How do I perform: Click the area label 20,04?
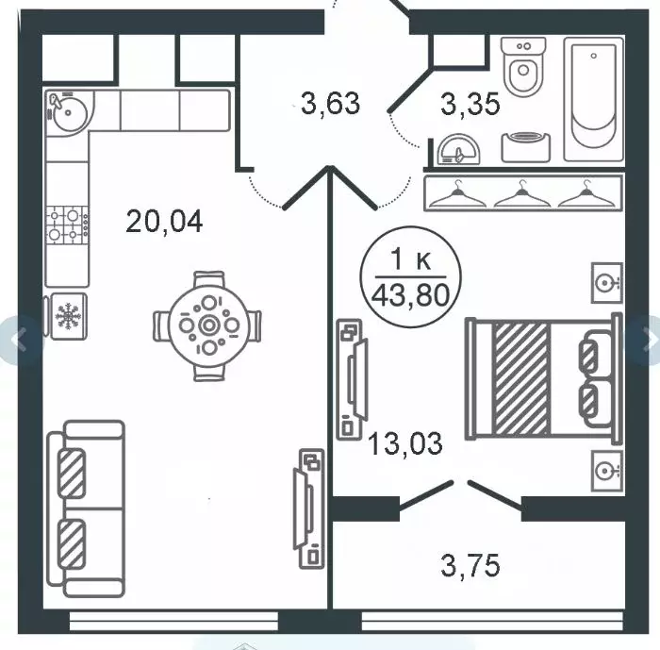pyautogui.click(x=164, y=222)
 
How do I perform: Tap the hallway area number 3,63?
pyautogui.click(x=330, y=104)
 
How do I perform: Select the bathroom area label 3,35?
pyautogui.click(x=470, y=104)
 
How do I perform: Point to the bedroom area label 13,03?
pyautogui.click(x=404, y=443)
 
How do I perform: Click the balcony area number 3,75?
pyautogui.click(x=470, y=565)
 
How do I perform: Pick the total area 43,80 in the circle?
pyautogui.click(x=410, y=295)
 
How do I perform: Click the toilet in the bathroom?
pyautogui.click(x=523, y=67)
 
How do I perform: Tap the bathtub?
pyautogui.click(x=593, y=99)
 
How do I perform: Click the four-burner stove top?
pyautogui.click(x=67, y=225)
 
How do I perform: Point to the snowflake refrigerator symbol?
pyautogui.click(x=68, y=316)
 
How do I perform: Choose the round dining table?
pyautogui.click(x=208, y=325)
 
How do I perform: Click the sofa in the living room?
pyautogui.click(x=87, y=508)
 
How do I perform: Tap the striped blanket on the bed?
pyautogui.click(x=521, y=378)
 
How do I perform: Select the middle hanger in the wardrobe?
pyautogui.click(x=522, y=195)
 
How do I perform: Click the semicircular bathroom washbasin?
pyautogui.click(x=458, y=150)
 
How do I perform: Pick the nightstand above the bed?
pyautogui.click(x=607, y=283)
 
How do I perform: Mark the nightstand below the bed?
pyautogui.click(x=607, y=471)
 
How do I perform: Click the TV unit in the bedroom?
pyautogui.click(x=353, y=379)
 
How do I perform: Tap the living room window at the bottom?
pyautogui.click(x=173, y=622)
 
